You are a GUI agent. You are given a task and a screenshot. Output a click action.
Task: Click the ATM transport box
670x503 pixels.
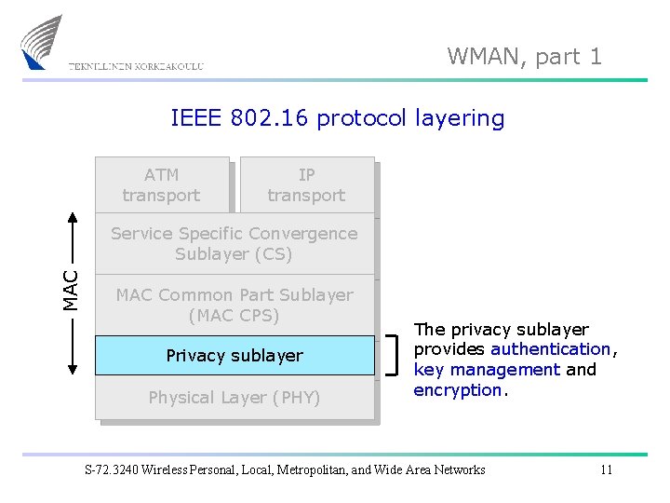pos(161,184)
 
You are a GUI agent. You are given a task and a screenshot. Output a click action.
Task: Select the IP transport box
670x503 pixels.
pos(306,184)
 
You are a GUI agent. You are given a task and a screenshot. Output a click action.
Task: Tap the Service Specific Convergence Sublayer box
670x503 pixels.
pos(234,244)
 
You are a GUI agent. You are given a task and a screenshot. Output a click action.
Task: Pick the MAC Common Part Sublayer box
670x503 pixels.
pos(234,305)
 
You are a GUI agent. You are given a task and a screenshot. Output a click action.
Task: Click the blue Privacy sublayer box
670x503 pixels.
pos(234,356)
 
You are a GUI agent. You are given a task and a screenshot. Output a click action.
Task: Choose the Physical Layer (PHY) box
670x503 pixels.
pos(234,399)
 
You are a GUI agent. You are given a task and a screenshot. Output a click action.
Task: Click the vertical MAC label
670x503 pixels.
pos(72,290)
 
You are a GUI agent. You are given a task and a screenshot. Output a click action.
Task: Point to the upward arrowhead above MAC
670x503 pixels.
pos(72,217)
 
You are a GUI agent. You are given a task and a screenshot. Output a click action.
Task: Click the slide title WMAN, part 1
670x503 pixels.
pos(524,57)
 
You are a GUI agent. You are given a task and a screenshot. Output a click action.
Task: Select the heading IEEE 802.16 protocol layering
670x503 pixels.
pos(337,118)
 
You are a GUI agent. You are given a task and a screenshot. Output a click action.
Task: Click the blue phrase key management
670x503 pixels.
pos(487,370)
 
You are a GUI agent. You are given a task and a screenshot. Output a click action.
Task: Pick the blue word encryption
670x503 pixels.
pos(458,390)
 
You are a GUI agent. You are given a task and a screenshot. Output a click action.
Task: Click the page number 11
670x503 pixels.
pos(606,469)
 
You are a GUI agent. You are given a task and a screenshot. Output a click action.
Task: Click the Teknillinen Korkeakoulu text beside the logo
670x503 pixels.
pos(136,66)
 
